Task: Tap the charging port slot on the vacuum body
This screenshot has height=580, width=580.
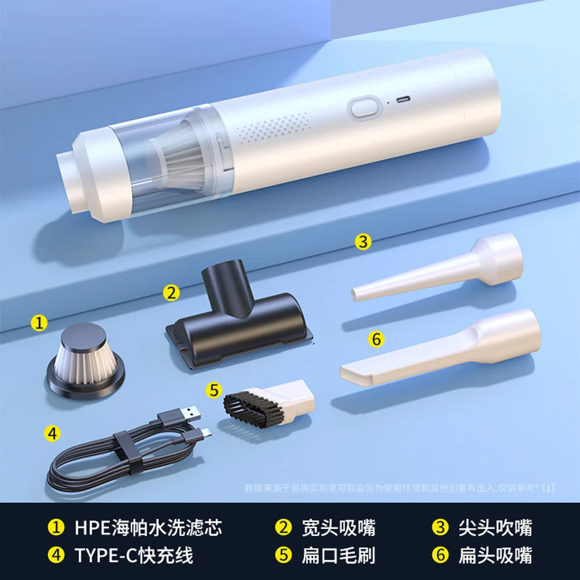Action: click(402, 100)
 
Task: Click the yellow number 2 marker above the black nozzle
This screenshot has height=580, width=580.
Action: click(171, 292)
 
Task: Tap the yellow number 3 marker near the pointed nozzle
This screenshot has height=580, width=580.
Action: click(362, 241)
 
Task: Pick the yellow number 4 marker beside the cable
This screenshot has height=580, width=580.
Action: click(53, 433)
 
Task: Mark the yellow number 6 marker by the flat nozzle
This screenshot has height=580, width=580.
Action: click(376, 339)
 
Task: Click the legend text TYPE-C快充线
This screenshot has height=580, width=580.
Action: click(133, 555)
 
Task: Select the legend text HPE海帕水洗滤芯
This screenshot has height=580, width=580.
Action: click(148, 528)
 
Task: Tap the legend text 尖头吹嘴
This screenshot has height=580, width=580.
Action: click(495, 528)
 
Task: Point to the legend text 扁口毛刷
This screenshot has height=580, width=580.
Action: click(338, 555)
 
